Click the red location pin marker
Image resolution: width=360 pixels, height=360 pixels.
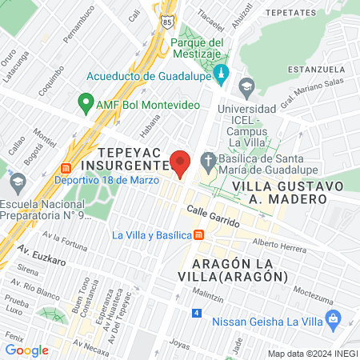(180, 163)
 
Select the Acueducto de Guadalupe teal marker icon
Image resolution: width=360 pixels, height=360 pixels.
(222, 77)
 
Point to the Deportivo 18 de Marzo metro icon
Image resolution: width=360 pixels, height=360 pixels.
(65, 169)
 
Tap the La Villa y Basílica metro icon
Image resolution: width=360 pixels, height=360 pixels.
(199, 235)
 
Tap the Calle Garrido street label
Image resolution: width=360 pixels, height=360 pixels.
(214, 217)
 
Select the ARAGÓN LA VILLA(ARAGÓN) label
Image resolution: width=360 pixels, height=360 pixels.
(239, 270)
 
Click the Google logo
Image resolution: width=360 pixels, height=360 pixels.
(26, 350)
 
